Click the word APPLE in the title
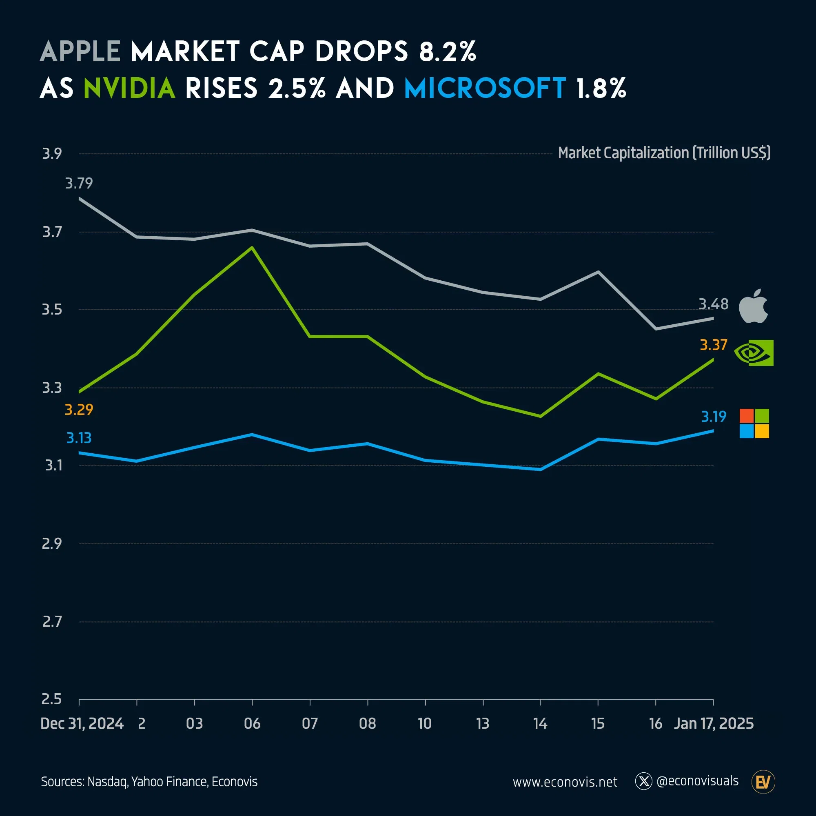click(80, 51)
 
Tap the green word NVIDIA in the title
click(129, 88)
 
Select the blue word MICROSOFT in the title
click(484, 88)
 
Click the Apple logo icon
click(753, 307)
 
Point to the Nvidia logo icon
click(754, 353)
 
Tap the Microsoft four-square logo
click(754, 423)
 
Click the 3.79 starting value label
click(79, 183)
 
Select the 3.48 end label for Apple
click(713, 304)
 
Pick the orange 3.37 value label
click(713, 345)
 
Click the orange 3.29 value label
click(79, 410)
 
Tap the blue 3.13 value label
click(79, 438)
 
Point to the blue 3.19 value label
click(713, 417)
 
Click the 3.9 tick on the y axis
click(52, 153)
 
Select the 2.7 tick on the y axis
click(52, 621)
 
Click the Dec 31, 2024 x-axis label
click(82, 723)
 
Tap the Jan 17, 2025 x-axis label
click(713, 723)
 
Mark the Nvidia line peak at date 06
click(252, 248)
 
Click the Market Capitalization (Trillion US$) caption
click(664, 153)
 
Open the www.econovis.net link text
click(565, 782)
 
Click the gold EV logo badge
click(763, 782)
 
